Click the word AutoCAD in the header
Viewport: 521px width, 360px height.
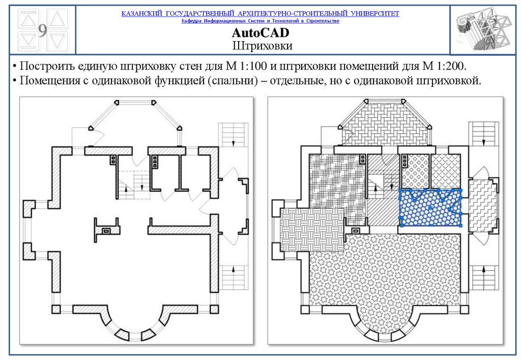coord(260,34)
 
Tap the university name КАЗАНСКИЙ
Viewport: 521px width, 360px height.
coord(142,13)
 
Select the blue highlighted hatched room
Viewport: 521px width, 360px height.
coord(430,207)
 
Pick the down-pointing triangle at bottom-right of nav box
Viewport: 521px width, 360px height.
coord(57,41)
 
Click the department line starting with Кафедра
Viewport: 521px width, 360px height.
coord(260,21)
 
